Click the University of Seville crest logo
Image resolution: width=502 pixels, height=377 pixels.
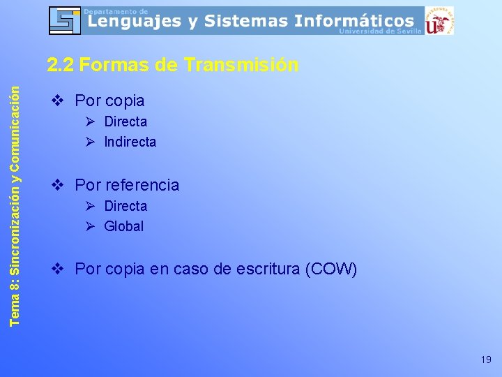click(439, 20)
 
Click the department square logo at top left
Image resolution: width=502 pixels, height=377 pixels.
click(65, 20)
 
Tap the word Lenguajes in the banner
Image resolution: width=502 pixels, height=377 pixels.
click(132, 22)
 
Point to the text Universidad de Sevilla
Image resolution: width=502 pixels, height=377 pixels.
click(380, 31)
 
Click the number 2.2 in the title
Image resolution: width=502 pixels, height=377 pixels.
click(61, 65)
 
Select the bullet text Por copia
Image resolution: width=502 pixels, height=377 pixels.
click(109, 101)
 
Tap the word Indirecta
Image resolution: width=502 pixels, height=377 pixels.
click(130, 142)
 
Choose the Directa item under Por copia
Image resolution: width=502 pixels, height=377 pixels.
click(125, 121)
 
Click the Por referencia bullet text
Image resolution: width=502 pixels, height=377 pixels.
click(127, 185)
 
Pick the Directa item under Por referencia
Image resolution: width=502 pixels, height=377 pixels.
click(125, 206)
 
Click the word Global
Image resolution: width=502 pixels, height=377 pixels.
click(123, 226)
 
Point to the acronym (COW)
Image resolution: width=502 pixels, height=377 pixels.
click(331, 269)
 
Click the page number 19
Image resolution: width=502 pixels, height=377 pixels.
click(486, 360)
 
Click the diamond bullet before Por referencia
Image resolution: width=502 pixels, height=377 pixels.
click(59, 185)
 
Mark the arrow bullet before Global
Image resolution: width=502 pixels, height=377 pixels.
click(90, 226)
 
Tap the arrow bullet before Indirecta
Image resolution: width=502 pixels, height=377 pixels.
click(90, 142)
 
